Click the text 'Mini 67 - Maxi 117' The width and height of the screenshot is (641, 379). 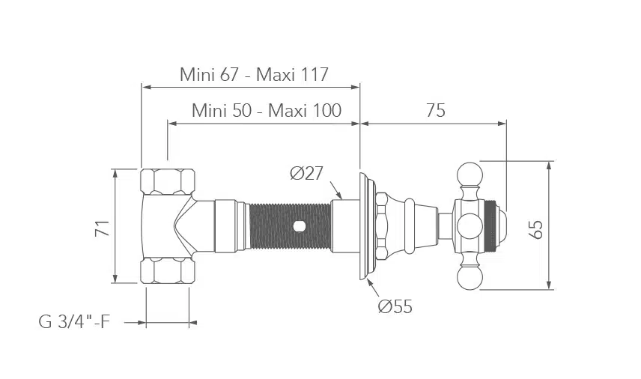pyautogui.click(x=254, y=74)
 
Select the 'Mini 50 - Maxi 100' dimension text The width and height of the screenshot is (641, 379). pyautogui.click(x=267, y=110)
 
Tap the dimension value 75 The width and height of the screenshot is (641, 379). pyautogui.click(x=435, y=110)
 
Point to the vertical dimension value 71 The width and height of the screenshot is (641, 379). pyautogui.click(x=103, y=228)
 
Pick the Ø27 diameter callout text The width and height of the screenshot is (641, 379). pyautogui.click(x=306, y=173)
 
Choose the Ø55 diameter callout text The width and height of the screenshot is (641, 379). pyautogui.click(x=395, y=306)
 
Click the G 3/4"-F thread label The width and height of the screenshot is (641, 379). pyautogui.click(x=74, y=322)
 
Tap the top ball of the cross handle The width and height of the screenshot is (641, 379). pyautogui.click(x=470, y=174)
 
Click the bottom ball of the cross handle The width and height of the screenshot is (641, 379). pyautogui.click(x=469, y=278)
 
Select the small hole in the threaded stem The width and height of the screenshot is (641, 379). pyautogui.click(x=299, y=225)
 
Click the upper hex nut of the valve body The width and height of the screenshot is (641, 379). pyautogui.click(x=168, y=181)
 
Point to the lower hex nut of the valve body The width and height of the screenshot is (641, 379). pyautogui.click(x=168, y=270)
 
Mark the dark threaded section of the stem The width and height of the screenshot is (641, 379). pyautogui.click(x=290, y=226)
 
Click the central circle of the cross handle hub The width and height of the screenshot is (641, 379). pyautogui.click(x=470, y=225)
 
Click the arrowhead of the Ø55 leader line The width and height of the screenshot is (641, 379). pyautogui.click(x=369, y=282)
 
